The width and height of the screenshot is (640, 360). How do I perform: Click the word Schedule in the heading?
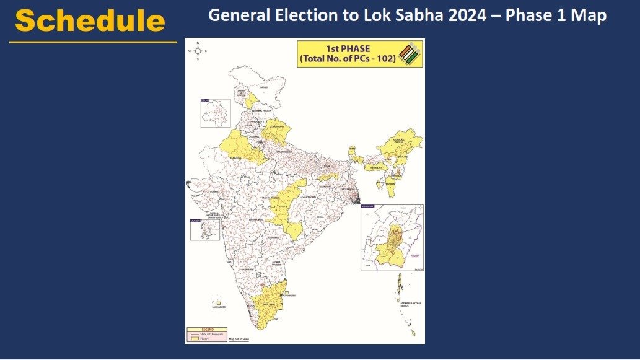click(90, 21)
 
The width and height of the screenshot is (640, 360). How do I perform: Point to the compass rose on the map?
click(198, 51)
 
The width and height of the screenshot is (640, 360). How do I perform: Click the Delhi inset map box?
click(215, 113)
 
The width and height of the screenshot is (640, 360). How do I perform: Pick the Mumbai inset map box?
click(206, 229)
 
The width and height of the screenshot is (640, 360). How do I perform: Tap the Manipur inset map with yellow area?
click(392, 237)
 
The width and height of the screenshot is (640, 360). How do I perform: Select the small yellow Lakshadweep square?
click(218, 301)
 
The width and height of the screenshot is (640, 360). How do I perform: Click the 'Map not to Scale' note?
click(239, 340)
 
